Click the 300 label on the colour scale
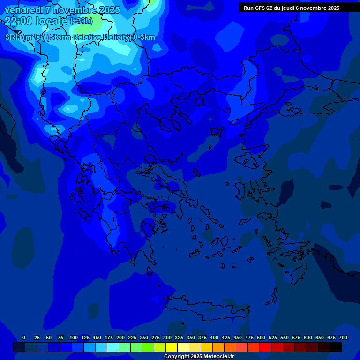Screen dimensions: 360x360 pyautogui.click(x=167, y=337)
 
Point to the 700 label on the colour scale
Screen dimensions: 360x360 pyautogui.click(x=343, y=337)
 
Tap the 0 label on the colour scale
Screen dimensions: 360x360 pyautogui.click(x=24, y=337)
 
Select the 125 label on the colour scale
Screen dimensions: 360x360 pyautogui.click(x=85, y=337)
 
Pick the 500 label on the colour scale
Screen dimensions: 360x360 pyautogui.click(x=261, y=337)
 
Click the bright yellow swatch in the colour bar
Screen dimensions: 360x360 pyautogui.click(x=171, y=347)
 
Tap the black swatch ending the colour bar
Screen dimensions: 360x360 pyautogui.click(x=335, y=347)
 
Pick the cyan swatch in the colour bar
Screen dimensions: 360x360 pyautogui.click(x=112, y=347)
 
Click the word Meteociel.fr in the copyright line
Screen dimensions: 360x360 pyautogui.click(x=217, y=357)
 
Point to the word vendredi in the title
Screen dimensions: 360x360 pyautogui.click(x=23, y=10)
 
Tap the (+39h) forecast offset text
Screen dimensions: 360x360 pyautogui.click(x=81, y=21)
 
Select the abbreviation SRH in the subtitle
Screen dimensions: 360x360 pyautogui.click(x=13, y=37)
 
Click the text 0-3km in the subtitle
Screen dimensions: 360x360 pyautogui.click(x=144, y=37)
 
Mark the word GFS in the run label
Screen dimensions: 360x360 pyautogui.click(x=260, y=8)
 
